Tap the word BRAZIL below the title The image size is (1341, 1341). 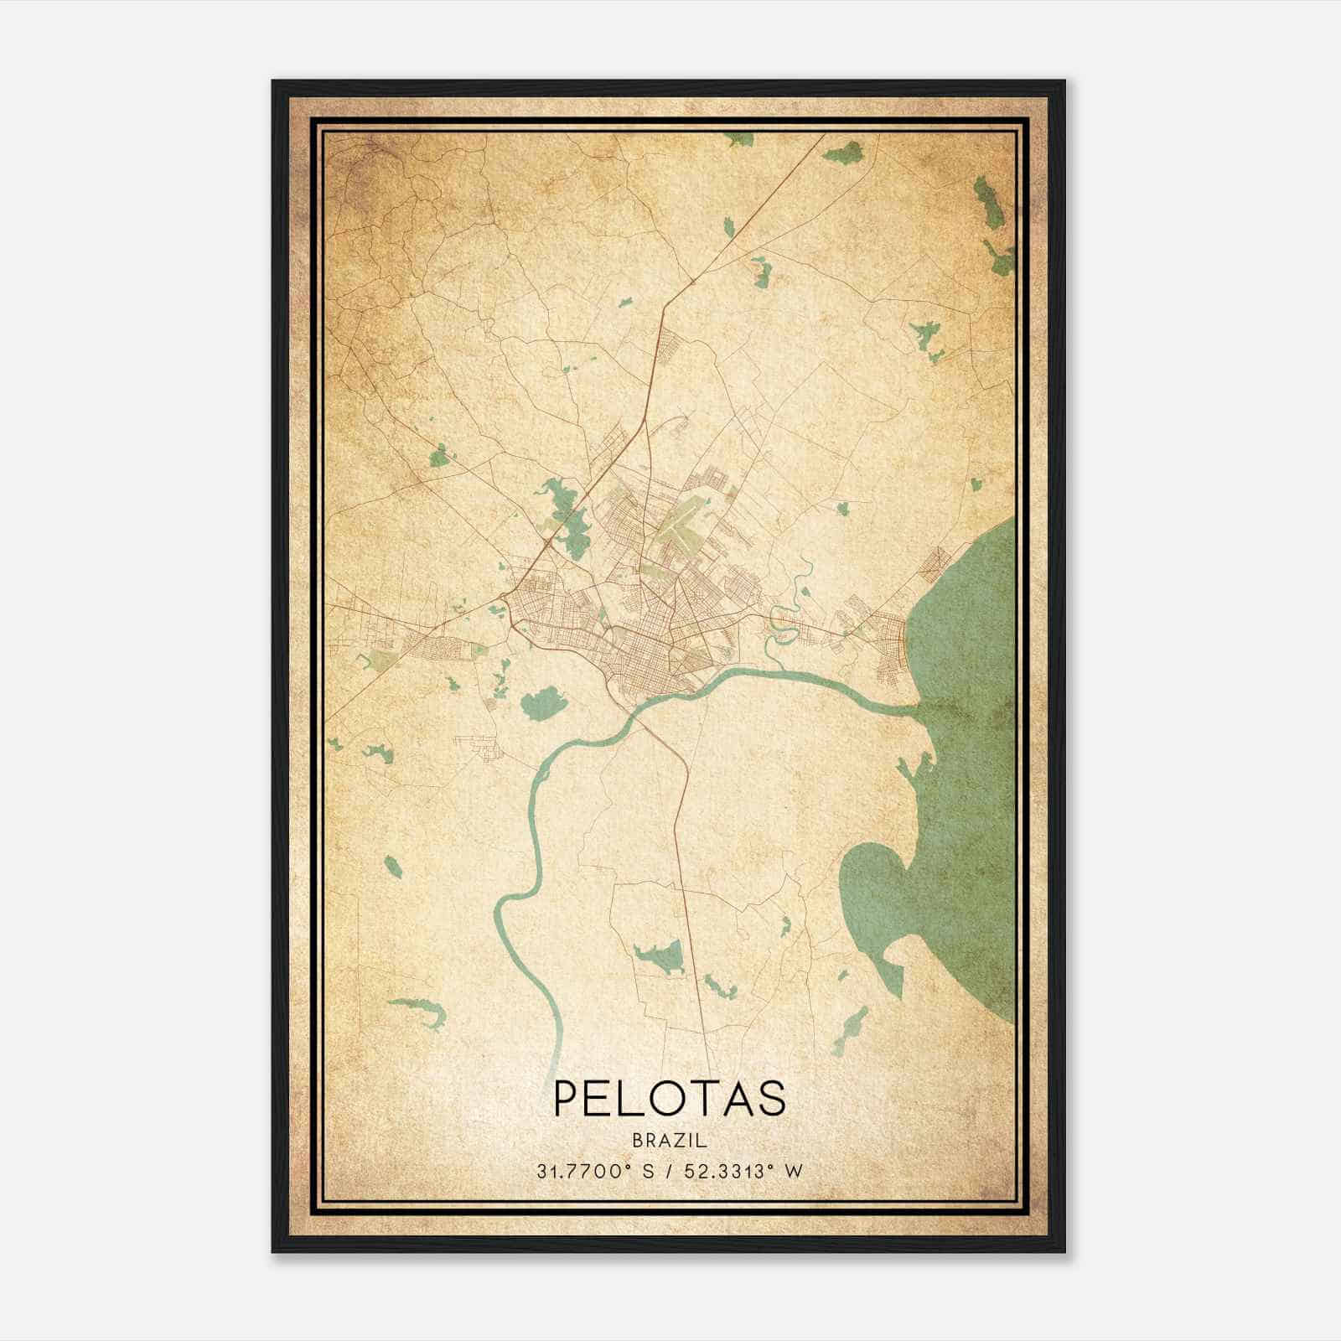pos(670,1141)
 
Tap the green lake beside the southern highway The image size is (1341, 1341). pos(662,955)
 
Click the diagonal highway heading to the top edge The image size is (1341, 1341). pos(754,210)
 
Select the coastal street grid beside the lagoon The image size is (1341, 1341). pos(888,645)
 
